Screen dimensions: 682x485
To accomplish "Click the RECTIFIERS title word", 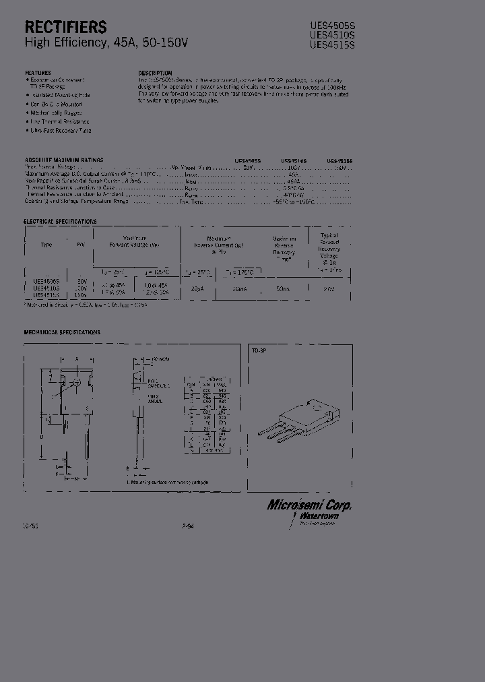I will coord(65,27).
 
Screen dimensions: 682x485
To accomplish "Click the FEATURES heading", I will coord(38,72).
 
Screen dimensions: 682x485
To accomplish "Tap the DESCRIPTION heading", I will coord(155,73).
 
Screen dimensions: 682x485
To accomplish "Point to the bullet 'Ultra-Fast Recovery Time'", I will coord(61,130).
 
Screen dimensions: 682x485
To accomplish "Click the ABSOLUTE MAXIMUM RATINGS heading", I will coord(64,160).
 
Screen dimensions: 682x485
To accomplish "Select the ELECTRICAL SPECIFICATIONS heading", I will coord(60,221).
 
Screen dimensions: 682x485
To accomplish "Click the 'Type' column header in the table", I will coord(46,245).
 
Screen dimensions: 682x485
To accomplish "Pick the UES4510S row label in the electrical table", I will coord(46,288).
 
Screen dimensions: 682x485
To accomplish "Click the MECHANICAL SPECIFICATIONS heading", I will coord(62,332).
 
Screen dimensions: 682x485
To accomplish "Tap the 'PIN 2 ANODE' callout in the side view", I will coord(155,399).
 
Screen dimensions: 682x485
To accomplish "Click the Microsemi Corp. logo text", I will coord(309,505).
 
